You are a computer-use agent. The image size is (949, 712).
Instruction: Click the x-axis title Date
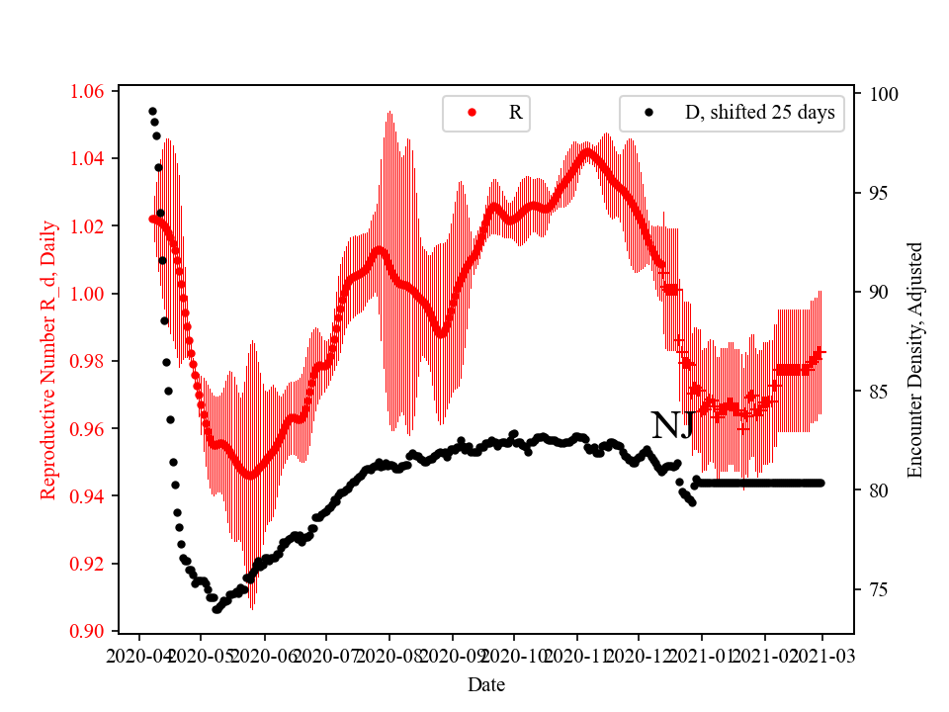coord(486,684)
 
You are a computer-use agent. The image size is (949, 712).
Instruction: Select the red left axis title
coord(47,360)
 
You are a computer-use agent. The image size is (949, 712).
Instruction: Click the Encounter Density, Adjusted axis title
coord(914,360)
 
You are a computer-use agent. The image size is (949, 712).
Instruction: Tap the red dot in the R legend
coord(472,113)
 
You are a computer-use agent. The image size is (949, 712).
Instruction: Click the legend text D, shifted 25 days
coord(759,113)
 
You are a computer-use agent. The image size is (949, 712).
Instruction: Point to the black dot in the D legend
coord(648,113)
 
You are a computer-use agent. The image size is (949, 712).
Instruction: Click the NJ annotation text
coord(672,425)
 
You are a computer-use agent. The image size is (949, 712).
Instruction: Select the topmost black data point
coord(152,111)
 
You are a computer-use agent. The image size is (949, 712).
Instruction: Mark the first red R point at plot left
coord(152,219)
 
